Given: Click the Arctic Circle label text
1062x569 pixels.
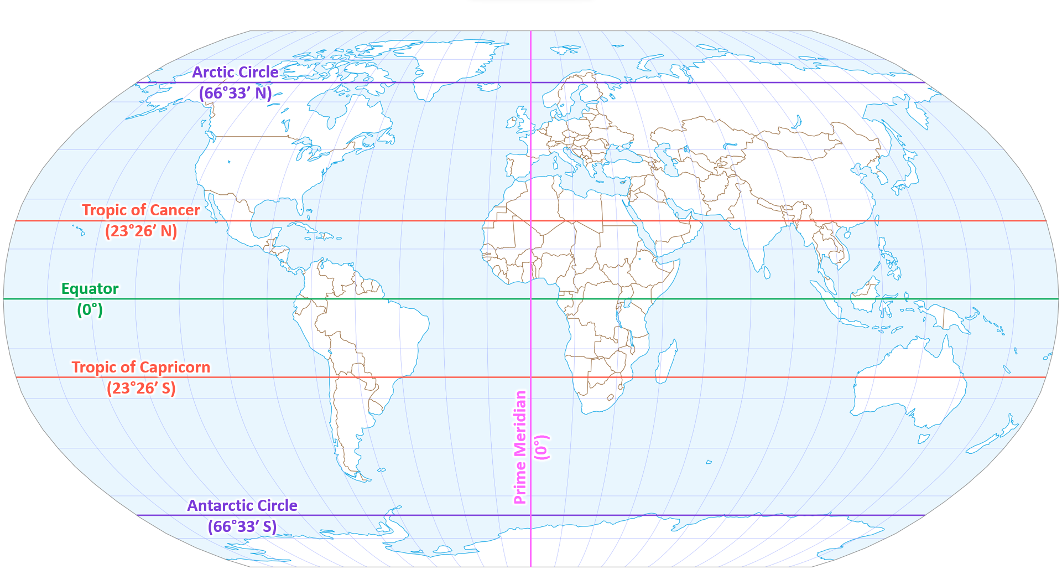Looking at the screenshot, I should (235, 73).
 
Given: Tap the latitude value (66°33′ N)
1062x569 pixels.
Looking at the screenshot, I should (235, 93).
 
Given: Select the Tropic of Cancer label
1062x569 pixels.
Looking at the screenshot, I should (141, 210).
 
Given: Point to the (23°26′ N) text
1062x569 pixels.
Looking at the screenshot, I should (141, 231).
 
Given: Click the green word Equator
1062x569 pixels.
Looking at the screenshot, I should (90, 289).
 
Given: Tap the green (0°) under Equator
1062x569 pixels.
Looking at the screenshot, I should (90, 309).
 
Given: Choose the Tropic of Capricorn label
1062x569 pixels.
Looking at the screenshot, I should (141, 368).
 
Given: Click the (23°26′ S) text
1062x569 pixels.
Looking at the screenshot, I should (141, 388).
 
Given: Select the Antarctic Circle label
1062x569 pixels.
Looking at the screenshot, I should (242, 506).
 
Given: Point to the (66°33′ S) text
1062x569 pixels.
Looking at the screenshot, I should (242, 526).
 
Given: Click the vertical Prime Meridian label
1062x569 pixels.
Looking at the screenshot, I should (520, 447).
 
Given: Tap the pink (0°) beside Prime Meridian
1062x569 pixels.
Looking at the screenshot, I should (542, 447).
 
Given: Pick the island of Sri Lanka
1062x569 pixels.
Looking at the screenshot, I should (767, 272).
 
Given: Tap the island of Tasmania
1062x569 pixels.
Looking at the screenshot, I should (923, 439).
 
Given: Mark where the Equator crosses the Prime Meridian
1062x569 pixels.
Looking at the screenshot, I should (530, 299).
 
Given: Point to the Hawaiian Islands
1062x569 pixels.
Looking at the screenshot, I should (79, 229).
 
